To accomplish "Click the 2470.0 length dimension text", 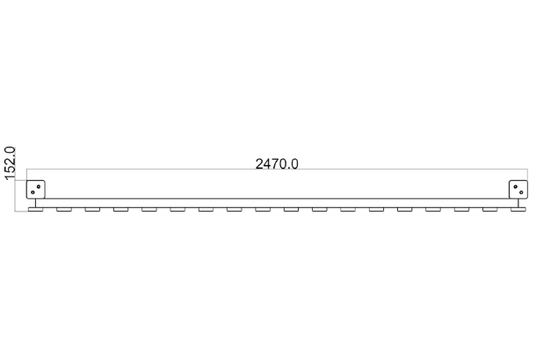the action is click(x=277, y=164).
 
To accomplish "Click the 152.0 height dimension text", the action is click(x=10, y=162).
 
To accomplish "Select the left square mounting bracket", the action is click(x=35, y=190).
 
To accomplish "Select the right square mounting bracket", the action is click(x=518, y=190).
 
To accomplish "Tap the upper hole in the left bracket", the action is click(x=39, y=186).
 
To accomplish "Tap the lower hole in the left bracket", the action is click(x=33, y=192).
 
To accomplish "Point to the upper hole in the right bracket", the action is click(x=515, y=186).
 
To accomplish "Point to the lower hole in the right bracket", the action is click(x=521, y=192).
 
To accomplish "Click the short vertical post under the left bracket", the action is click(x=35, y=203).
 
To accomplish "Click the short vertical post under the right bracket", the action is click(x=518, y=203).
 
